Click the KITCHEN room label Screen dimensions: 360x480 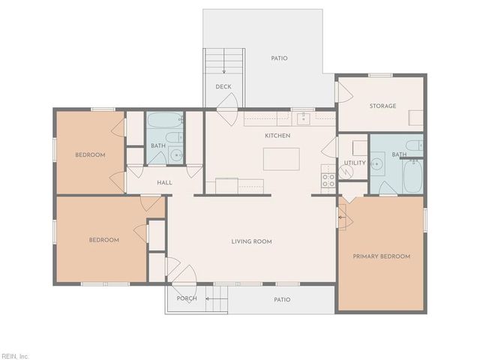[x=277, y=136]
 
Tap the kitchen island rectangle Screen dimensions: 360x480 [x=280, y=159]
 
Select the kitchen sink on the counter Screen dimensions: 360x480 [x=303, y=118]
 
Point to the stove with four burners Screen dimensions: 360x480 [x=328, y=179]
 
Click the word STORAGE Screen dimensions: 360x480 [x=382, y=106]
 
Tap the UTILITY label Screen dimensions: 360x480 [x=354, y=163]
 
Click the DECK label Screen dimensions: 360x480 [x=223, y=87]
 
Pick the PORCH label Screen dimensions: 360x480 [x=186, y=298]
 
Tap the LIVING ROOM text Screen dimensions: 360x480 [x=251, y=241]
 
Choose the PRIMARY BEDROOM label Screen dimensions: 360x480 [x=382, y=256]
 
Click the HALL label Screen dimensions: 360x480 [x=165, y=183]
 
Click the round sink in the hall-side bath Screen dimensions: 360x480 [x=176, y=155]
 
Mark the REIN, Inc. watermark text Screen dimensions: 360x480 [x=15, y=355]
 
